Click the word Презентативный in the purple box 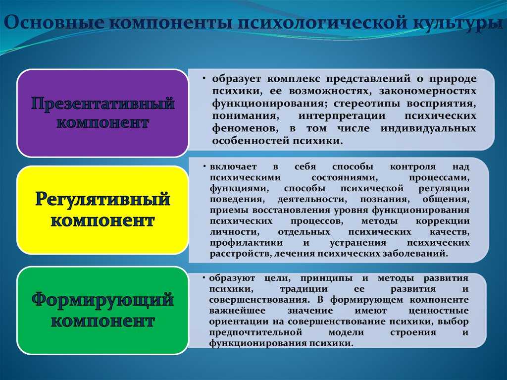(103, 104)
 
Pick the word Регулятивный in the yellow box (102, 199)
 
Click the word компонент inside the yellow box (102, 221)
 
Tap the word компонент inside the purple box (102, 123)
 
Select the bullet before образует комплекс (204, 79)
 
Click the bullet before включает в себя (204, 166)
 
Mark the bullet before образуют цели (204, 278)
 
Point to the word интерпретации (342, 116)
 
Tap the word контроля (412, 167)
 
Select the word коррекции (442, 221)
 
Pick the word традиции (304, 289)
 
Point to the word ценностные (439, 311)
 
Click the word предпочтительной (255, 332)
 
